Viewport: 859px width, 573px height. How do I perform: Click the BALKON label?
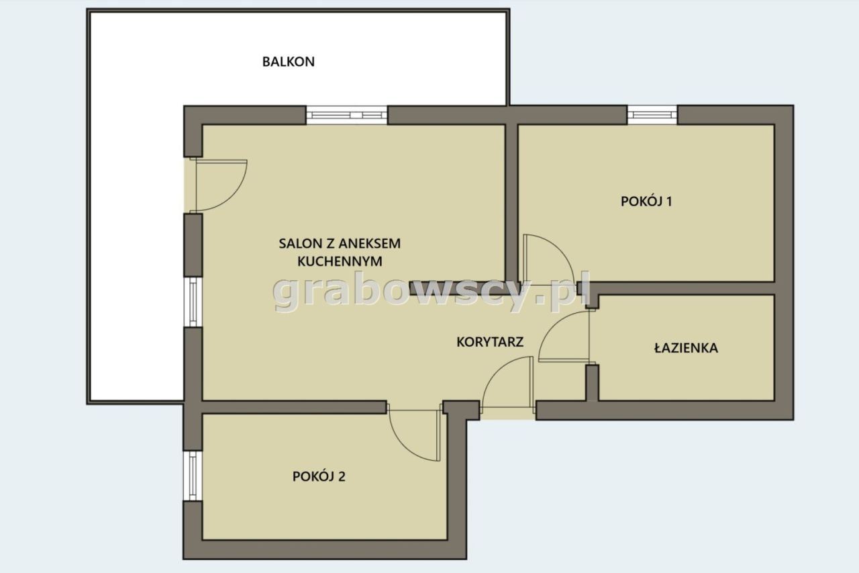(x=289, y=61)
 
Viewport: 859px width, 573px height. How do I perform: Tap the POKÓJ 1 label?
(x=646, y=201)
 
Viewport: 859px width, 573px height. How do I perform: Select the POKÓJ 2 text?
(x=319, y=476)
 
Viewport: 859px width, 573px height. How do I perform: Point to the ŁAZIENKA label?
(x=686, y=348)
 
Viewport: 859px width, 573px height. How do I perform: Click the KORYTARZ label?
(x=490, y=341)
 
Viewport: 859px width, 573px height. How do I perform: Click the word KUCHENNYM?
(x=340, y=261)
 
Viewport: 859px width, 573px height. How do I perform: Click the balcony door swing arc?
(x=233, y=195)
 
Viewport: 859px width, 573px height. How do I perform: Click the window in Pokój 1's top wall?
(x=652, y=115)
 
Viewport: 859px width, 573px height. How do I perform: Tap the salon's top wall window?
(x=347, y=115)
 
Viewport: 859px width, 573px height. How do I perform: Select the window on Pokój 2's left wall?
(x=193, y=476)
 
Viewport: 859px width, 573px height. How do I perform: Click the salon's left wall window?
(x=193, y=302)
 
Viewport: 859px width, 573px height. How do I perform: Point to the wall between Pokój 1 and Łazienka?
(x=683, y=288)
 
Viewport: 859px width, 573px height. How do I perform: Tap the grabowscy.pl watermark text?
(x=431, y=292)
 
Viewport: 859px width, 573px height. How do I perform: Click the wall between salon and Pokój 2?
(x=294, y=407)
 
